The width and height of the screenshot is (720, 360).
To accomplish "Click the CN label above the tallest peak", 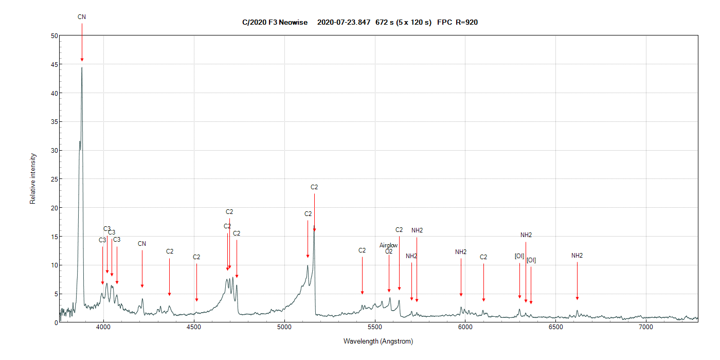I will click(82, 17).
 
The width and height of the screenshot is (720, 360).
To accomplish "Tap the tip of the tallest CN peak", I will click(82, 67).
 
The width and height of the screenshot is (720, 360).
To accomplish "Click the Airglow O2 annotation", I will click(389, 248).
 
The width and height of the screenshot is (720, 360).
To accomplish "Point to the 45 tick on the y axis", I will click(54, 64).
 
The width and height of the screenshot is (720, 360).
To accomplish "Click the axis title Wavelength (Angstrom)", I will click(378, 341).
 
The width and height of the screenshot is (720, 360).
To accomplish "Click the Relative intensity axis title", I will click(33, 178).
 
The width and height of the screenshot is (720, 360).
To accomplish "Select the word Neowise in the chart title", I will click(297, 22).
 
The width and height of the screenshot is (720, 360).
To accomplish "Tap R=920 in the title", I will click(467, 22).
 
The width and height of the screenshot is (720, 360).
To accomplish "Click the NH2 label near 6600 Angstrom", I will click(577, 256).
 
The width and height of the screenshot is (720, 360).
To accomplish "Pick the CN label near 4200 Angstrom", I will click(142, 244).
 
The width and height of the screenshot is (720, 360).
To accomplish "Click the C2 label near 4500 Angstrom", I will click(196, 257).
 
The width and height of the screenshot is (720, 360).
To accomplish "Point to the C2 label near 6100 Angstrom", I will click(483, 257).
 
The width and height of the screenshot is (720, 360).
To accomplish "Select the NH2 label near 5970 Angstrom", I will click(461, 252).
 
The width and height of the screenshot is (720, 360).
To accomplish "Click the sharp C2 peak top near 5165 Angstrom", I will click(314, 229).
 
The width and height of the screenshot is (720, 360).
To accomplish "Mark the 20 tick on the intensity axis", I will click(54, 208).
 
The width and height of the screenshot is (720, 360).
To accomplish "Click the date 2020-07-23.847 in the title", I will click(344, 22).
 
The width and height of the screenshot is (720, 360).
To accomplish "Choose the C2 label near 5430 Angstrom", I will click(362, 250).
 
